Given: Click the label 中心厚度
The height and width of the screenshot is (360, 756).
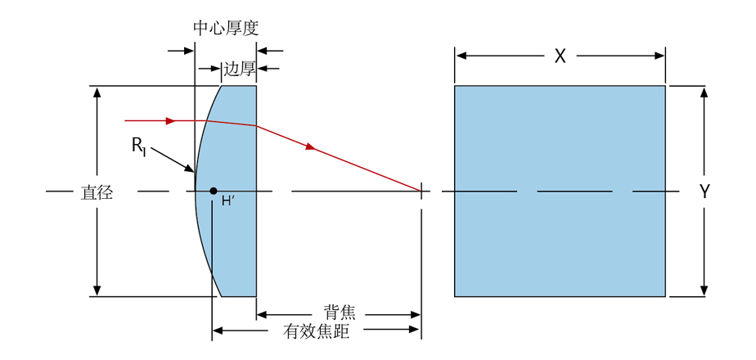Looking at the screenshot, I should click(x=225, y=27).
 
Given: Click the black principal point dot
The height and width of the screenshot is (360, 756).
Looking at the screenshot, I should click(x=214, y=191).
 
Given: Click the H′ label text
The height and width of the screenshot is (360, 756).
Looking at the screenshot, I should click(x=228, y=201).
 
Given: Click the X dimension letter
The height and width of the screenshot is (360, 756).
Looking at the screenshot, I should click(x=560, y=56).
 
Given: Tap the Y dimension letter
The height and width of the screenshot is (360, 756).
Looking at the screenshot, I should click(x=704, y=192).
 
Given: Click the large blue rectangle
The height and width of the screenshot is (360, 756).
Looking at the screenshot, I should click(x=560, y=191).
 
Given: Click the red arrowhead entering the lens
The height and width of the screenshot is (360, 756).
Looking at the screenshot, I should click(x=170, y=121).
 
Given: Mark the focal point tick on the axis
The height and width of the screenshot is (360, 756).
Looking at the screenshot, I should click(x=421, y=191).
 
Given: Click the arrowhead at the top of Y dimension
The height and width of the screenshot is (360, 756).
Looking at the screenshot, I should click(x=704, y=91).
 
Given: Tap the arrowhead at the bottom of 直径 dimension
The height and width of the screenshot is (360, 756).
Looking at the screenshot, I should click(x=97, y=290).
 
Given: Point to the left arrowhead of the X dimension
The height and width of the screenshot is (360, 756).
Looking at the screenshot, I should click(x=461, y=56).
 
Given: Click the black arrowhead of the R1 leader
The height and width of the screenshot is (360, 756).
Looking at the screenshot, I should click(x=192, y=170).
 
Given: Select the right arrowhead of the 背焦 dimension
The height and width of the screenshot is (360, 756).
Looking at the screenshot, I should click(x=416, y=314).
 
